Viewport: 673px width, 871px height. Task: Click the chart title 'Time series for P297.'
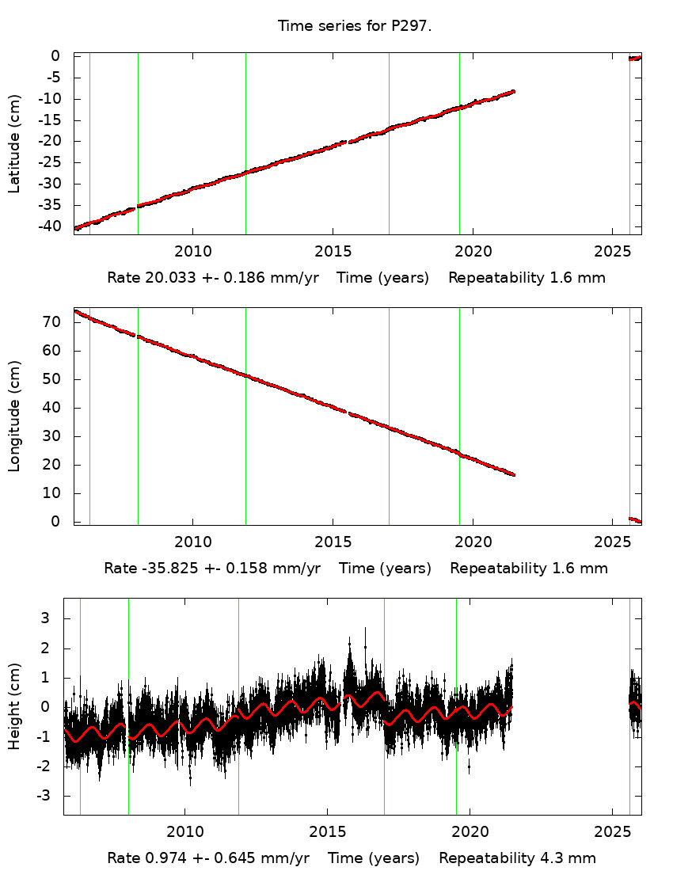354,26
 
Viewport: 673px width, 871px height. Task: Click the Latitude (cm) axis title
14,143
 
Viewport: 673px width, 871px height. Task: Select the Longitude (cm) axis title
14,416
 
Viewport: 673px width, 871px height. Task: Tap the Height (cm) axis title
14,706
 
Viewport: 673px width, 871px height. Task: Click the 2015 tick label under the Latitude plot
333,252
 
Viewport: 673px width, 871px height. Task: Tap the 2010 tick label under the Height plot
185,832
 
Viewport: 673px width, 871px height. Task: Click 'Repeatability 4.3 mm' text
517,858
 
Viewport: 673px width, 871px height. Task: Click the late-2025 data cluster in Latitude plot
634,58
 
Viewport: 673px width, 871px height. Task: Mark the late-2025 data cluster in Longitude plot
634,519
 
